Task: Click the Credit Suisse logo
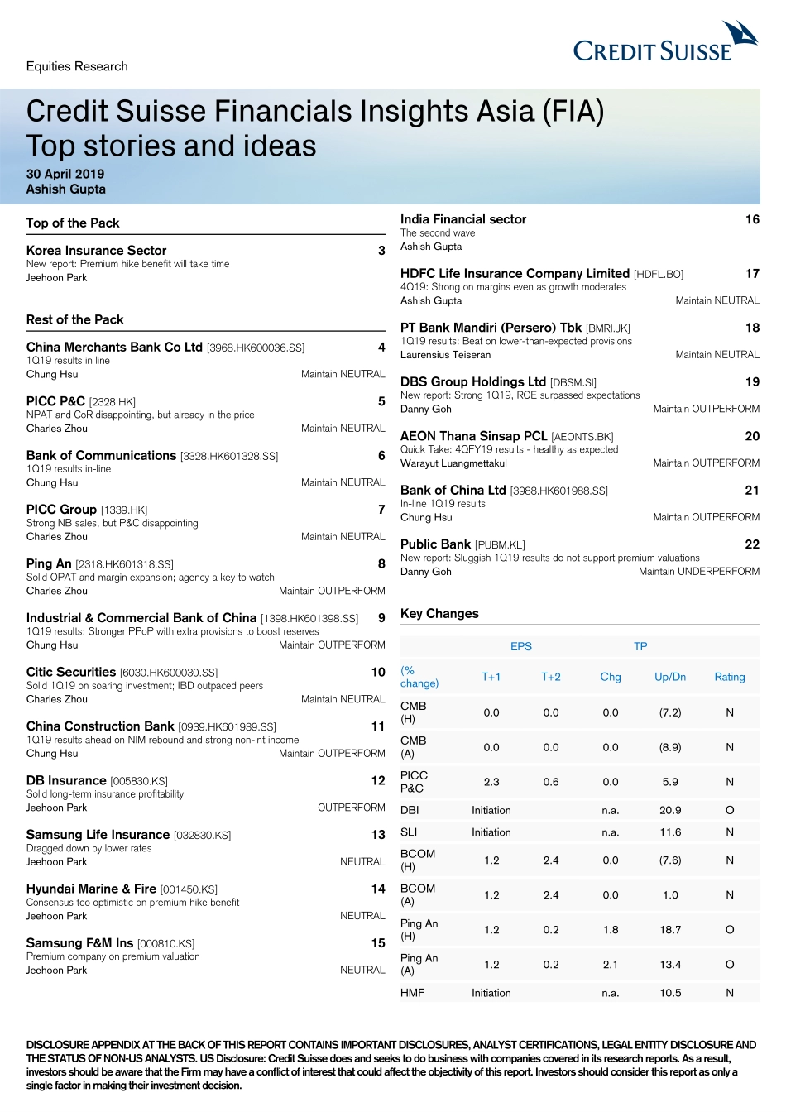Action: pyautogui.click(x=664, y=45)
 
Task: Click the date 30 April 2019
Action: pyautogui.click(x=65, y=174)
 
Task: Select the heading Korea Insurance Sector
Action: pyautogui.click(x=96, y=250)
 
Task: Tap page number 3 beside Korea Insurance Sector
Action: pyautogui.click(x=381, y=251)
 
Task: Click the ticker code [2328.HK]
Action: pyautogui.click(x=112, y=402)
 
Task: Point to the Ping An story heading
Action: pyautogui.click(x=49, y=563)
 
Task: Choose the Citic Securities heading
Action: pyautogui.click(x=71, y=672)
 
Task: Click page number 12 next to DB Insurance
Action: pyautogui.click(x=378, y=780)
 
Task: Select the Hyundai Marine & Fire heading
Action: pyautogui.click(x=91, y=889)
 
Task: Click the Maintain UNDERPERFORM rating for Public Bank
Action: pyautogui.click(x=698, y=572)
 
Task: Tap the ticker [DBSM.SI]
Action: pyautogui.click(x=573, y=382)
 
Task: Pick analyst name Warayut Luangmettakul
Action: pyautogui.click(x=453, y=463)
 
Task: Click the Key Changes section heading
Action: pyautogui.click(x=439, y=613)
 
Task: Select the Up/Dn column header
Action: pyautogui.click(x=670, y=677)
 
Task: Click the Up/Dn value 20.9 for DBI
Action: pyautogui.click(x=670, y=810)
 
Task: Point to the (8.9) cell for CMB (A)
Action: pyautogui.click(x=670, y=747)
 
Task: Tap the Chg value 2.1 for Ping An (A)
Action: pyautogui.click(x=611, y=965)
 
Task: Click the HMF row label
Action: pyautogui.click(x=412, y=993)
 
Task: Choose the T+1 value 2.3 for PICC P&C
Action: pyautogui.click(x=491, y=782)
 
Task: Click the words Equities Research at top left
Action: pyautogui.click(x=77, y=66)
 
